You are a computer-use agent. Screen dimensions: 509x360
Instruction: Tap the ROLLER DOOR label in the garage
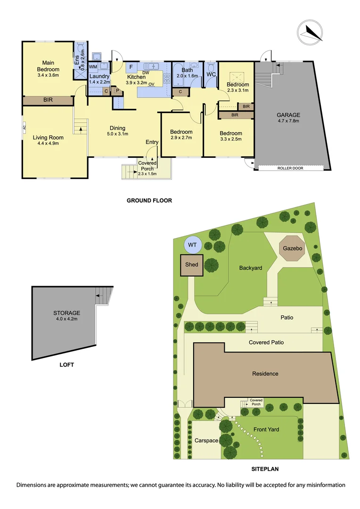[x=291, y=168]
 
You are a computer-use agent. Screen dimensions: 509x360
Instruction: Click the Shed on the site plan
[x=191, y=265]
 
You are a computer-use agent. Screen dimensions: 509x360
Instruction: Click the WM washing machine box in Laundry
[x=93, y=67]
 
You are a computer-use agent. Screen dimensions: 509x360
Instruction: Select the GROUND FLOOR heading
[x=149, y=200]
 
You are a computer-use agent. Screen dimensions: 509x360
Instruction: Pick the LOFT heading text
[x=67, y=364]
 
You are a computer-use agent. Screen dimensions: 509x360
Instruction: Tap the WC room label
[x=211, y=74]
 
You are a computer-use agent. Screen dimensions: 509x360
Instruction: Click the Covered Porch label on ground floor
[x=147, y=166]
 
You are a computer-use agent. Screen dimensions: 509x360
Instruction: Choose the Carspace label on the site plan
[x=206, y=440]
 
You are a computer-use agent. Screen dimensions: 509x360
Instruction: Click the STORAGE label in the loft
[x=67, y=312]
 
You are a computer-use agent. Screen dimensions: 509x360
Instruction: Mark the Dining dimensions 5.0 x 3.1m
[x=117, y=134]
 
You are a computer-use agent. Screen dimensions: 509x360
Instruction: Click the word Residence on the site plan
[x=265, y=374]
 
